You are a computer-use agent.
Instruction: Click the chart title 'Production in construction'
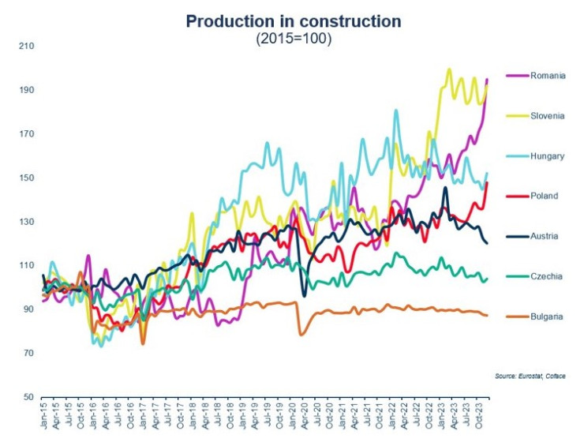point(293,21)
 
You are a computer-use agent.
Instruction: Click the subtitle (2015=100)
point(293,39)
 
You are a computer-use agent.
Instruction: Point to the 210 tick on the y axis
point(26,46)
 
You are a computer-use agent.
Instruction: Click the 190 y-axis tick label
point(26,90)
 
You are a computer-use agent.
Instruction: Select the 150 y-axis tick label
point(26,178)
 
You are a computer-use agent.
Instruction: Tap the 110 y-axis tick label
point(26,265)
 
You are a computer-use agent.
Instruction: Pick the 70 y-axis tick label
point(28,353)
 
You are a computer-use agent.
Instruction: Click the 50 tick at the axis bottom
point(28,397)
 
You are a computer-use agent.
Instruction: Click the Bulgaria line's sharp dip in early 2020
point(301,335)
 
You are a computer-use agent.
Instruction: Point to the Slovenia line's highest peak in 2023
point(449,69)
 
